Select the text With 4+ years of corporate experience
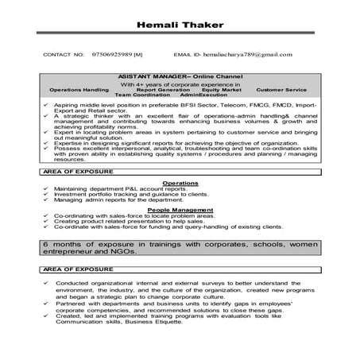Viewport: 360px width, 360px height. [180, 83]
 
